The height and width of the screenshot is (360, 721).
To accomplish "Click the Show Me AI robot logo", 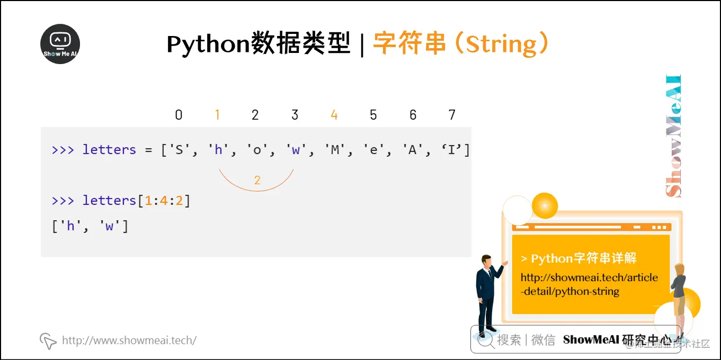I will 60,44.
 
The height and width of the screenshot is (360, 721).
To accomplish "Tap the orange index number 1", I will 217,115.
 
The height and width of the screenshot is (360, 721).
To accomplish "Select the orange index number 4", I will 334,115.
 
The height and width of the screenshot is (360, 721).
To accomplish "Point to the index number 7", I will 452,115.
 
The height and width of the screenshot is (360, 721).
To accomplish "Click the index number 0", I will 179,115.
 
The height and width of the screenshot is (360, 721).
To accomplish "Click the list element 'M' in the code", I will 335,150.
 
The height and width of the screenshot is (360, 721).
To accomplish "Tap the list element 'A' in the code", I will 413,150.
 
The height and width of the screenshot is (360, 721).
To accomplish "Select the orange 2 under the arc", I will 257,181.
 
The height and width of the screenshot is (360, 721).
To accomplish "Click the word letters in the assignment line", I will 109,150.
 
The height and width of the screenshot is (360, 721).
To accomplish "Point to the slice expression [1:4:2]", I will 164,201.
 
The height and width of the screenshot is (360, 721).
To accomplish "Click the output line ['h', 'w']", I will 90,227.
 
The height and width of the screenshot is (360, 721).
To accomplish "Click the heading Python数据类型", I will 259,44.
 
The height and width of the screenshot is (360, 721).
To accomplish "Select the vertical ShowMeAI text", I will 673,137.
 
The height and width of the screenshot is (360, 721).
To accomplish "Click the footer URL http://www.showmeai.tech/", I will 129,340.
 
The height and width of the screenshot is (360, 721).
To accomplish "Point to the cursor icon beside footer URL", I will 48,341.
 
